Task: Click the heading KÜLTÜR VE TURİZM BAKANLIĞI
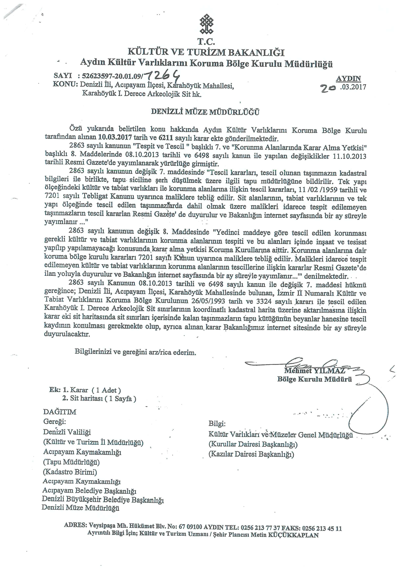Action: (206, 52)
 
